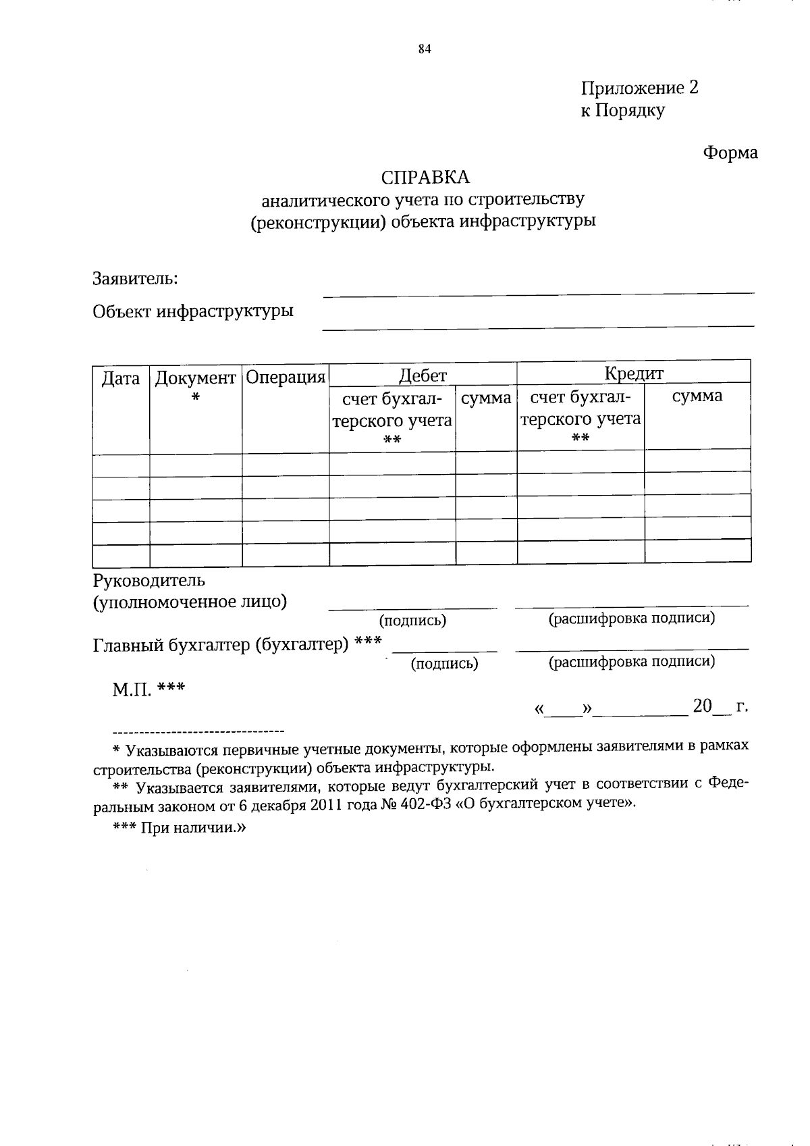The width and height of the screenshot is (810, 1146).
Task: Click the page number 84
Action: tap(425, 48)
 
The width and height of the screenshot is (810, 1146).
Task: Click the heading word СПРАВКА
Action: tap(425, 177)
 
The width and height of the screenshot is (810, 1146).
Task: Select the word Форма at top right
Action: tap(730, 153)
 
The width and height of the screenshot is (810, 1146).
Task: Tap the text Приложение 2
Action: tap(639, 88)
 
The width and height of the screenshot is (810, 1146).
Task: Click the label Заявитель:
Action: tap(135, 278)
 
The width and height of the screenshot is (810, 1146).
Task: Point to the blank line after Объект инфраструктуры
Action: tap(538, 325)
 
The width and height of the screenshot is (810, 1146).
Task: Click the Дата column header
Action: tap(121, 378)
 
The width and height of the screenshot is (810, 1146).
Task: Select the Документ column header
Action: tap(195, 378)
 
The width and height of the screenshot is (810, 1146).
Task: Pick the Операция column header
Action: tap(286, 377)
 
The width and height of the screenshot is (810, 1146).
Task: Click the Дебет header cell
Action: tap(423, 375)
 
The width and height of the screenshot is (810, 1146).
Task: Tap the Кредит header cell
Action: tap(634, 373)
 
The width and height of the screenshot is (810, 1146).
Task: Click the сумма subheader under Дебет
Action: tap(486, 398)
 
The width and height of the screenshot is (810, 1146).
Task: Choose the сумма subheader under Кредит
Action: tap(697, 396)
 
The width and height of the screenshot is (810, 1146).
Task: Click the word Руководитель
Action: tap(148, 580)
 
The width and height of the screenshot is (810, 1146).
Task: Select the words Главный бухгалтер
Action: tap(171, 645)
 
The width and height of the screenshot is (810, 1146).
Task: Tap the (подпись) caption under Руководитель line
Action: tap(412, 620)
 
